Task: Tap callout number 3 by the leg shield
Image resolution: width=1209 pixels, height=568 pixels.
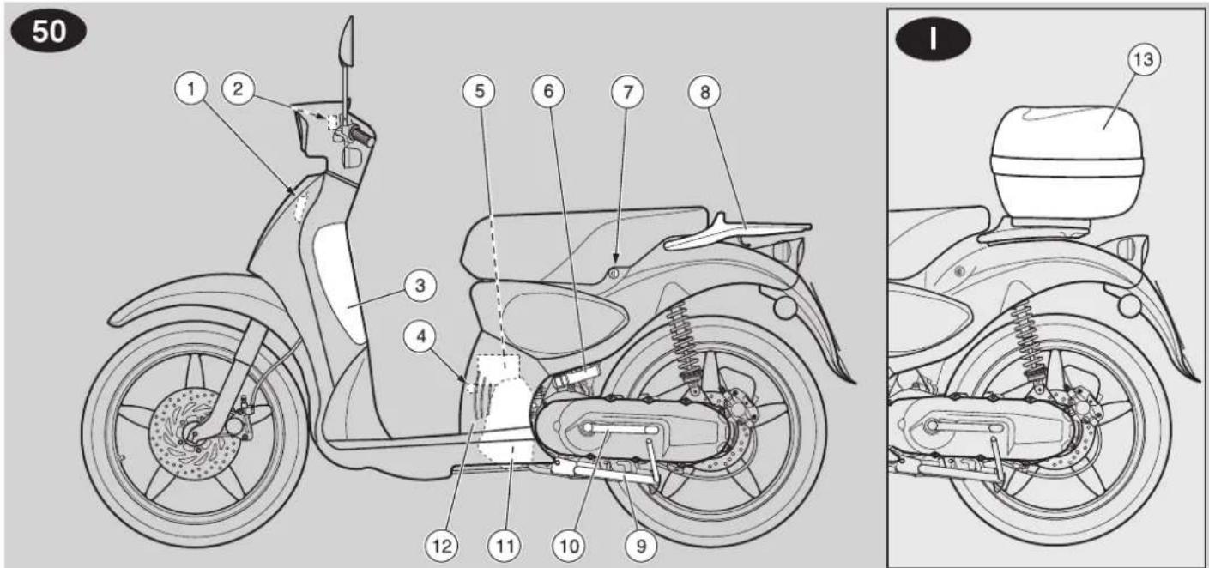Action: (x=420, y=286)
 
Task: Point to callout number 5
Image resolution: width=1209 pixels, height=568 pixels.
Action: (x=480, y=92)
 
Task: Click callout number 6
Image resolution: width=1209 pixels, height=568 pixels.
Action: (x=547, y=92)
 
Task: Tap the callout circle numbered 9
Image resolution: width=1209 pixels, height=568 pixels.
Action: (x=641, y=546)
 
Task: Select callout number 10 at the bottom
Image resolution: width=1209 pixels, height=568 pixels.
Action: (x=569, y=546)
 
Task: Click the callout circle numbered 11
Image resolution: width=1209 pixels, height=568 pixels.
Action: (x=505, y=546)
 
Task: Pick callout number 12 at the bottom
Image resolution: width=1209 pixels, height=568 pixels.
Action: (x=442, y=546)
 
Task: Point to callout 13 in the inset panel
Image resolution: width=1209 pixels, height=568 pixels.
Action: (x=1144, y=59)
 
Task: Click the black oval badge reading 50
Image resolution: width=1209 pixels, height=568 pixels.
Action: (x=48, y=31)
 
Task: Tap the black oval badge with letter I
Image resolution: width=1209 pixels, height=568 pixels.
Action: (x=934, y=39)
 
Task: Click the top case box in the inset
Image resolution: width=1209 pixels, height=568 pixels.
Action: (x=1067, y=162)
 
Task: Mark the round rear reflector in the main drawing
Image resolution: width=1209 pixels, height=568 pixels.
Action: (x=785, y=306)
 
